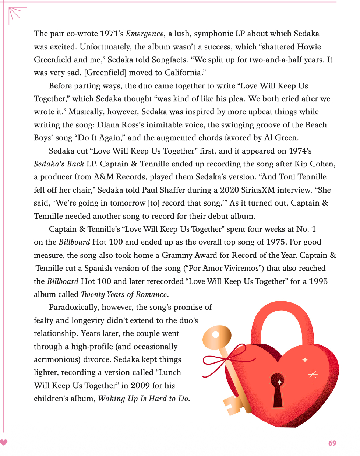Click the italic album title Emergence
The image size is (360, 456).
(x=145, y=34)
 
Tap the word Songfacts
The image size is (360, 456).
(x=171, y=60)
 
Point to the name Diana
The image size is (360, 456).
(x=109, y=125)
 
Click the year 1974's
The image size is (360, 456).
(x=300, y=151)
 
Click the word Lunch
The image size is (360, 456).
(x=170, y=372)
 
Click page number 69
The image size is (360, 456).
(x=332, y=443)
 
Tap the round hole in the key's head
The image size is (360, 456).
(x=216, y=334)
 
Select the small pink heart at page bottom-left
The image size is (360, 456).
(x=4, y=442)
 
